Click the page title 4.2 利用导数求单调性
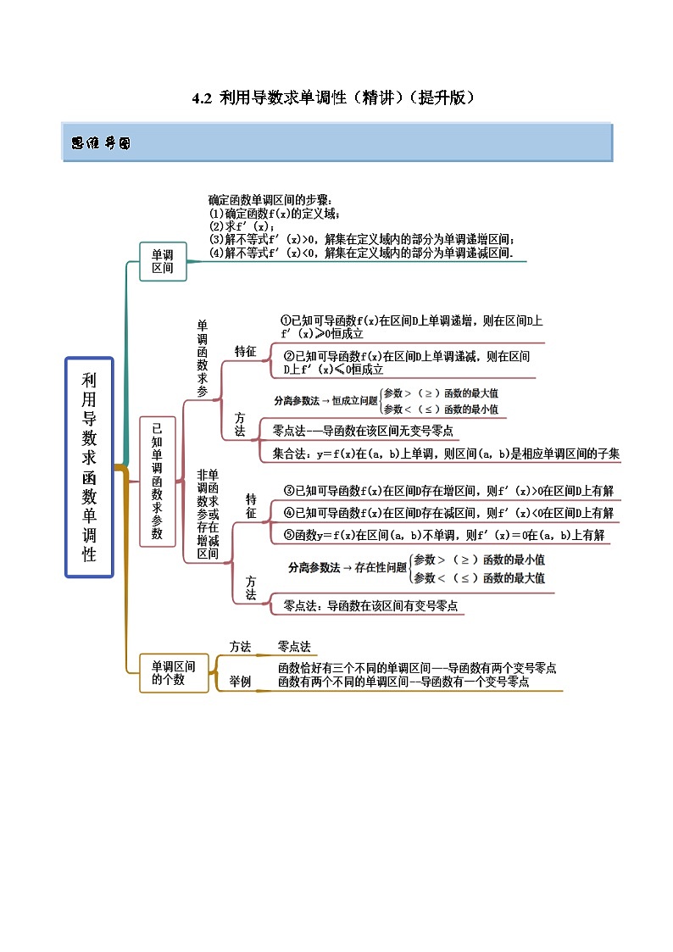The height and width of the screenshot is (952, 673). pyautogui.click(x=333, y=97)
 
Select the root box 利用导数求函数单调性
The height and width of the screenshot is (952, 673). pyautogui.click(x=89, y=467)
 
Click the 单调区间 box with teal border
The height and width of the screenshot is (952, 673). pyautogui.click(x=162, y=261)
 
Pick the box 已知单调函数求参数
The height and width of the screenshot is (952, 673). pyautogui.click(x=157, y=481)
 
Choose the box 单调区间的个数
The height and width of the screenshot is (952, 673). pyautogui.click(x=173, y=673)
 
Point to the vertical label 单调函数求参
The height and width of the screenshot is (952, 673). pyautogui.click(x=202, y=359)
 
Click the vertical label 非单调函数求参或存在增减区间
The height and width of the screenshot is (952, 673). pyautogui.click(x=208, y=514)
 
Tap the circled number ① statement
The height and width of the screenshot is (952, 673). pyautogui.click(x=411, y=327)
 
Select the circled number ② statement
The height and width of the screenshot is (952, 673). pyautogui.click(x=406, y=363)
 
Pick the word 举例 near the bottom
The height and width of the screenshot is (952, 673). pyautogui.click(x=240, y=681)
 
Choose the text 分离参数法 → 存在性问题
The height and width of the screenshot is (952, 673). pyautogui.click(x=348, y=567)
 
